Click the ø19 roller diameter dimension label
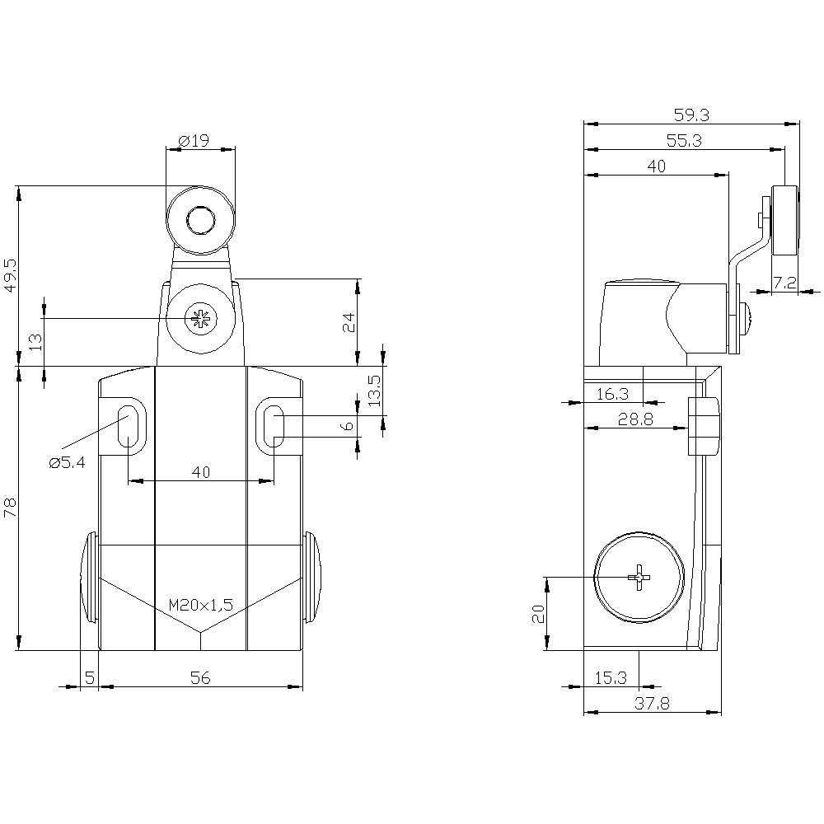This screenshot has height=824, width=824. [194, 141]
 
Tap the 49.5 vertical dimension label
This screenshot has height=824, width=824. [11, 274]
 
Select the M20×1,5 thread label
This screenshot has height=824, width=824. [201, 605]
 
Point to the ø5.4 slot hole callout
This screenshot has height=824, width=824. [67, 462]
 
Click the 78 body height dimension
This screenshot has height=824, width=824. [11, 508]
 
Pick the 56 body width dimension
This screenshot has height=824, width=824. [200, 678]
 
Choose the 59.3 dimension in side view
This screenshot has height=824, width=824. [691, 115]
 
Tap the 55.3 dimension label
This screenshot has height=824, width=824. [684, 141]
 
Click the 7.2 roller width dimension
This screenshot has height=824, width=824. [784, 283]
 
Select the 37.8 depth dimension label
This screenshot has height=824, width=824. [652, 703]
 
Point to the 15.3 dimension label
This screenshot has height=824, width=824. [611, 678]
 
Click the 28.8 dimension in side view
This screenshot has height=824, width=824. [635, 419]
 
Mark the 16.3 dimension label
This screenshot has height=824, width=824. [613, 394]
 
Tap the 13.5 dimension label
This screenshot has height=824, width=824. [375, 390]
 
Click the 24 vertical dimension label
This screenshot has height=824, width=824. [349, 322]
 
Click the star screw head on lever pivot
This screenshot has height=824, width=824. [200, 318]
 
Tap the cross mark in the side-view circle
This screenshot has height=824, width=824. [639, 578]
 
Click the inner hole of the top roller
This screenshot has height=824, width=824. [200, 220]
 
